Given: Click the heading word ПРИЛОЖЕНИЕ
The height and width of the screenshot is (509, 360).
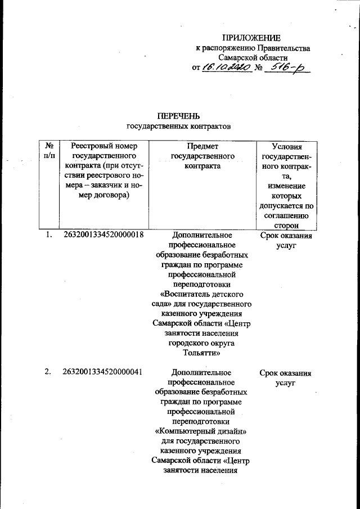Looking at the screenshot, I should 251,38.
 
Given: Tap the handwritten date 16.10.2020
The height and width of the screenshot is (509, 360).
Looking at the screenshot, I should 224,67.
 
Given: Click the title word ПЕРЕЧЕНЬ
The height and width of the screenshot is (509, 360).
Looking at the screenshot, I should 179,116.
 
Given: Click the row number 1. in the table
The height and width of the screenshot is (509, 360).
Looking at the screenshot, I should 49,235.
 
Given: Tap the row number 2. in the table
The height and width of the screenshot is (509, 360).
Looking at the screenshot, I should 49,373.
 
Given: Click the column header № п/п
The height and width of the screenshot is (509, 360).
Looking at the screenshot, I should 49,151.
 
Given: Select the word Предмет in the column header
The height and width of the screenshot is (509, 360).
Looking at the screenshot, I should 202,146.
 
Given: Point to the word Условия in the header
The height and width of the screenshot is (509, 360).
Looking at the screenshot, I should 286,146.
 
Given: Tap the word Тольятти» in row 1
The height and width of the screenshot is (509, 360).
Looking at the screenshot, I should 201,354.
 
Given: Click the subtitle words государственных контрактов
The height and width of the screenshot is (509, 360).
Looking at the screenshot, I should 179,127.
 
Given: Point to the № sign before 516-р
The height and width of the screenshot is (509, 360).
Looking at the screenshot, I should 259,68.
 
